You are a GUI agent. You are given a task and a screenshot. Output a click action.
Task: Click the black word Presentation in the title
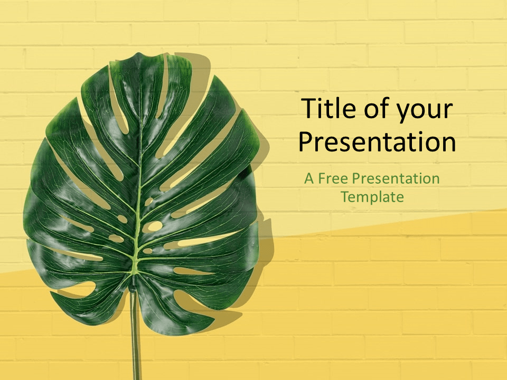pos(377,142)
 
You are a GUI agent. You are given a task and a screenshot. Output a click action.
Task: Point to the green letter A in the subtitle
pos(309,179)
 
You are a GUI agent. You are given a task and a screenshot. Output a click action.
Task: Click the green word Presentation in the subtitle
pos(396,178)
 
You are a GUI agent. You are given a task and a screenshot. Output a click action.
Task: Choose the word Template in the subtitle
pos(372,197)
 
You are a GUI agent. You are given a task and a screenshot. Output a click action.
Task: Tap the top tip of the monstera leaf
pos(139,53)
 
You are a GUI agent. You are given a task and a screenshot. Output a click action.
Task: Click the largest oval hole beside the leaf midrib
pos(152,226)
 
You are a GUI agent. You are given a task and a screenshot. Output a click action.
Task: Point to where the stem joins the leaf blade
pos(134,282)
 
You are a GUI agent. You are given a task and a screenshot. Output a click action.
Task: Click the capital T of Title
pos(308,108)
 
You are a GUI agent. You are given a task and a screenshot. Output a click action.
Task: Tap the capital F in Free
pos(322,179)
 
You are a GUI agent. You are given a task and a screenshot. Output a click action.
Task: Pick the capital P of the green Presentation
pos(356,179)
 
